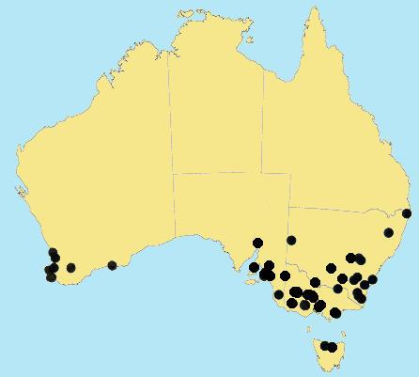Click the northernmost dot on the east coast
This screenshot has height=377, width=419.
click(x=408, y=213)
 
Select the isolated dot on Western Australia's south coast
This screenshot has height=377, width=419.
click(x=112, y=265)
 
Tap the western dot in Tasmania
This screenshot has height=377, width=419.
click(x=325, y=346)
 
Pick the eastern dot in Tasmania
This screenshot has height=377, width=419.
click(x=333, y=348)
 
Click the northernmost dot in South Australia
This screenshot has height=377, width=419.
click(x=257, y=243)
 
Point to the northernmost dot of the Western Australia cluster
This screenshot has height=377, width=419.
click(x=53, y=252)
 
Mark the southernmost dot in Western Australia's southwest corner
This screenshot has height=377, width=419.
click(x=51, y=277)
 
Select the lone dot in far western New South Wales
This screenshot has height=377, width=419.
click(x=291, y=240)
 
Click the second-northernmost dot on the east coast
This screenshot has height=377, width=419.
click(x=388, y=232)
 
